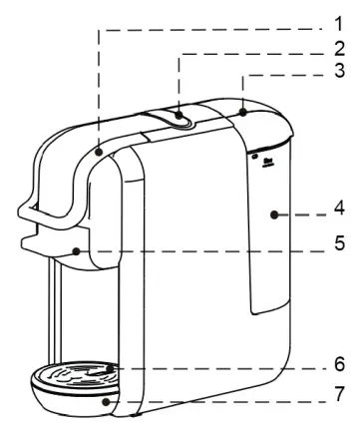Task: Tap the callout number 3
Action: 340,72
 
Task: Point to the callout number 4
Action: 340,212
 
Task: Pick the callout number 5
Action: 340,242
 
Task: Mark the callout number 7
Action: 340,393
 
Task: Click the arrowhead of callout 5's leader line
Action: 76,252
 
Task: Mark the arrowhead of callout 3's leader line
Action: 242,112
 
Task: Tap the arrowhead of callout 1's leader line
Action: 101,153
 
